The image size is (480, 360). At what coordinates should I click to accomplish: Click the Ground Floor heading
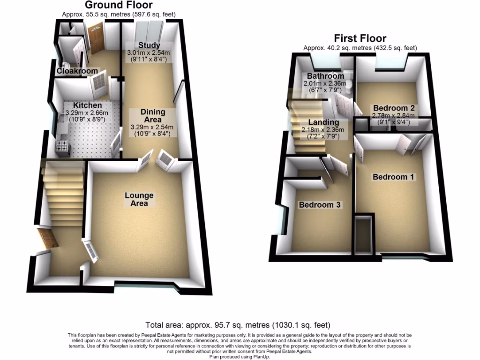pos(119,6)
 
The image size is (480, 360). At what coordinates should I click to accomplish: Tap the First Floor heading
pos(360,38)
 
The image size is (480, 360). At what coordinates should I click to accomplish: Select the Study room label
pos(149,45)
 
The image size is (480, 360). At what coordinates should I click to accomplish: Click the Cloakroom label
pos(77,71)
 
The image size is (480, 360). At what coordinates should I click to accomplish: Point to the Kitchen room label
pos(87,106)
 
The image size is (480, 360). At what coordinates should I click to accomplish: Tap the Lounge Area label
pos(139,199)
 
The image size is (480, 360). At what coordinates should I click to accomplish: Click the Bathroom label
pos(325,76)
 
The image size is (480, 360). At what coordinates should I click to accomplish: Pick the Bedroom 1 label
pos(393,177)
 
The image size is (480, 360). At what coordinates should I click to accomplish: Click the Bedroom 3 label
pos(320,205)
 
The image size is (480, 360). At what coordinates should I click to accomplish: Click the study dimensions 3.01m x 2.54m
pos(149,53)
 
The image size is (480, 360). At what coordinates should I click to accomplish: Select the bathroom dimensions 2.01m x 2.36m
pos(325,83)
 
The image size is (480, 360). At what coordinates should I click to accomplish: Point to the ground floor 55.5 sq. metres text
pos(119,15)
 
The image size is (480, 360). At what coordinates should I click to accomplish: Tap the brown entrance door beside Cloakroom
pos(97,39)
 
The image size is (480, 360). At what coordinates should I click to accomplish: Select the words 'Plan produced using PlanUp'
pos(240,357)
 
